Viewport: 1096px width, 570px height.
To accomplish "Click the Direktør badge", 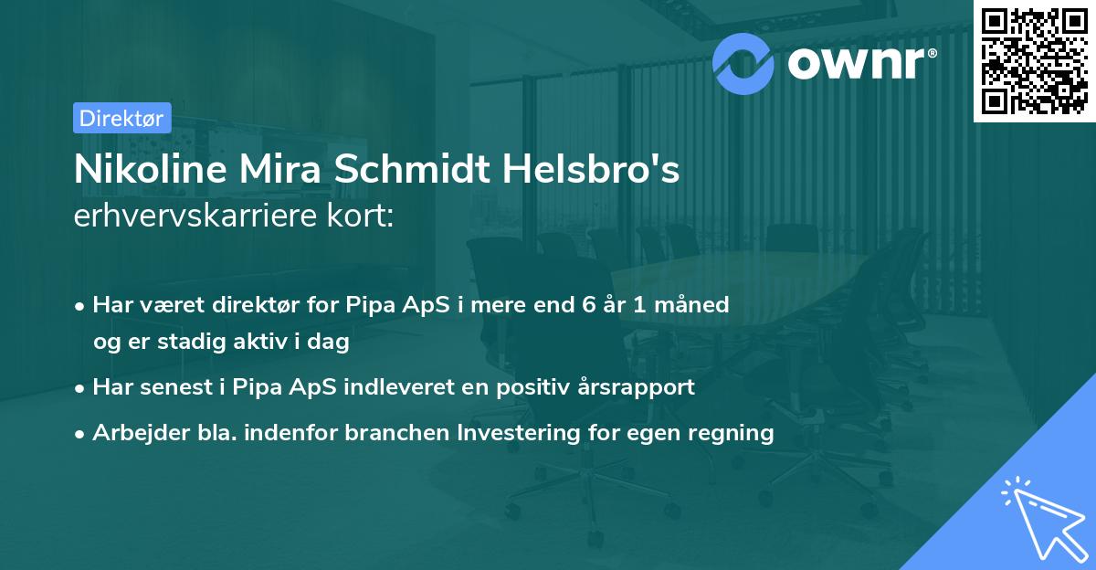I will (121, 118).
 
